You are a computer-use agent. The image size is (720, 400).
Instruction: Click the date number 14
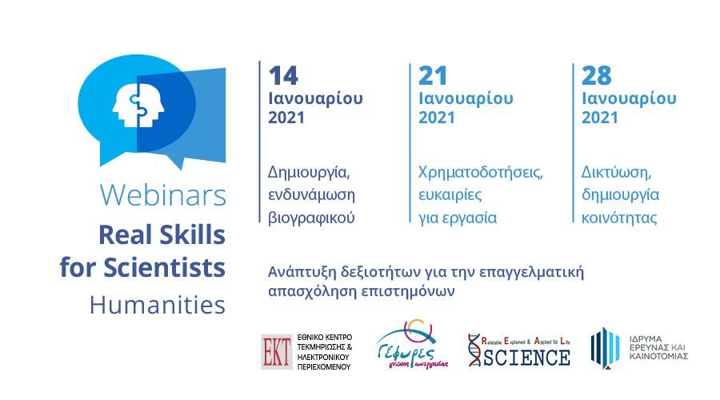(x=283, y=76)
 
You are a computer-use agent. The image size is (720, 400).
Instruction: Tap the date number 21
(x=433, y=76)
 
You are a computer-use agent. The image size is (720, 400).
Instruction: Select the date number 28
(x=597, y=76)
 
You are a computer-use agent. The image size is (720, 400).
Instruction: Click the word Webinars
(x=163, y=195)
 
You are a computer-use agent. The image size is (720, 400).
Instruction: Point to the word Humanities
(x=158, y=305)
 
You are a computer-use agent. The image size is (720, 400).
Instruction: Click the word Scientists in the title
(x=164, y=267)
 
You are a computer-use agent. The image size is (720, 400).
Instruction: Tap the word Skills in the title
(x=192, y=234)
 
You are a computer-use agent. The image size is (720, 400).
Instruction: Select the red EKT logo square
(x=277, y=352)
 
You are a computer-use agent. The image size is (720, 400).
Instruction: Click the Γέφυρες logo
(x=411, y=345)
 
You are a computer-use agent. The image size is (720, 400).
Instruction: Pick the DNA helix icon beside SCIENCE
(x=474, y=350)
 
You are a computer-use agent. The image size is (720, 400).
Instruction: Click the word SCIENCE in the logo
(x=526, y=358)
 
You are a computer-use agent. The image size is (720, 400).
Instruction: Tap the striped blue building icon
(x=605, y=348)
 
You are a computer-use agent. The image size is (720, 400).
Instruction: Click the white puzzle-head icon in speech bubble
(x=138, y=106)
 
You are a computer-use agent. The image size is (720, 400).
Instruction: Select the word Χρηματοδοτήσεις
(x=480, y=173)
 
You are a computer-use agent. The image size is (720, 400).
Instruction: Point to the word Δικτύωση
(x=616, y=173)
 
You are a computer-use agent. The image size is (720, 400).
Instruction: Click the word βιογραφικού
(x=311, y=218)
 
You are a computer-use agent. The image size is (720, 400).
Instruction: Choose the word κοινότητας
(x=619, y=218)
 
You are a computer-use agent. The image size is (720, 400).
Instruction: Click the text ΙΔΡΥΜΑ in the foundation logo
(x=646, y=339)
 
